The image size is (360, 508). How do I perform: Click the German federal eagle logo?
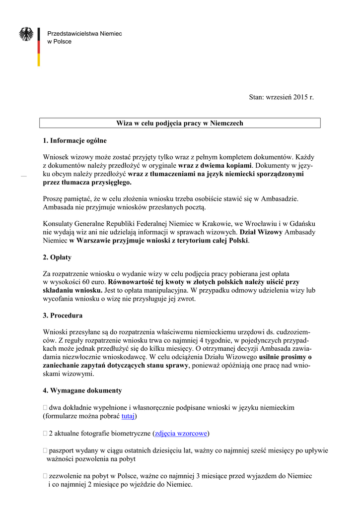pos(26,34)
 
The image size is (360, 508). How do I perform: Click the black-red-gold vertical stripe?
pos(39,47)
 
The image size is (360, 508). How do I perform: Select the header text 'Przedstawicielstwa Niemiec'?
pos(84,33)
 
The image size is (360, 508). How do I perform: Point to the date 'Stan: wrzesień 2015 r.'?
pos(282,97)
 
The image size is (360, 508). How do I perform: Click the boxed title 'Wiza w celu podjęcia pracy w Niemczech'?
pos(180,123)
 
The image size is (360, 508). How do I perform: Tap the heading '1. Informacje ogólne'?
pos(75,141)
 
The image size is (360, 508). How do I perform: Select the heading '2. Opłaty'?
pos(57,257)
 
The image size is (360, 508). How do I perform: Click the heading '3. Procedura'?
pos(63,316)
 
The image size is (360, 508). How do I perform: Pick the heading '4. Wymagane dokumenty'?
pos(82,391)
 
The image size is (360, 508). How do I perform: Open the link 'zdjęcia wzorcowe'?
pos(181,434)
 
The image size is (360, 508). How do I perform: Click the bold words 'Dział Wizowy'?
pos(261,232)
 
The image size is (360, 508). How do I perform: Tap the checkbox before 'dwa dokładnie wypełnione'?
pos(45,408)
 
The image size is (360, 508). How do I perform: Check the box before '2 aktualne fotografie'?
pos(45,434)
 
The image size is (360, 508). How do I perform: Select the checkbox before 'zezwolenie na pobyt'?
pos(45,476)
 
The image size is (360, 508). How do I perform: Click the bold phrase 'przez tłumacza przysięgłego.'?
pos(87,182)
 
